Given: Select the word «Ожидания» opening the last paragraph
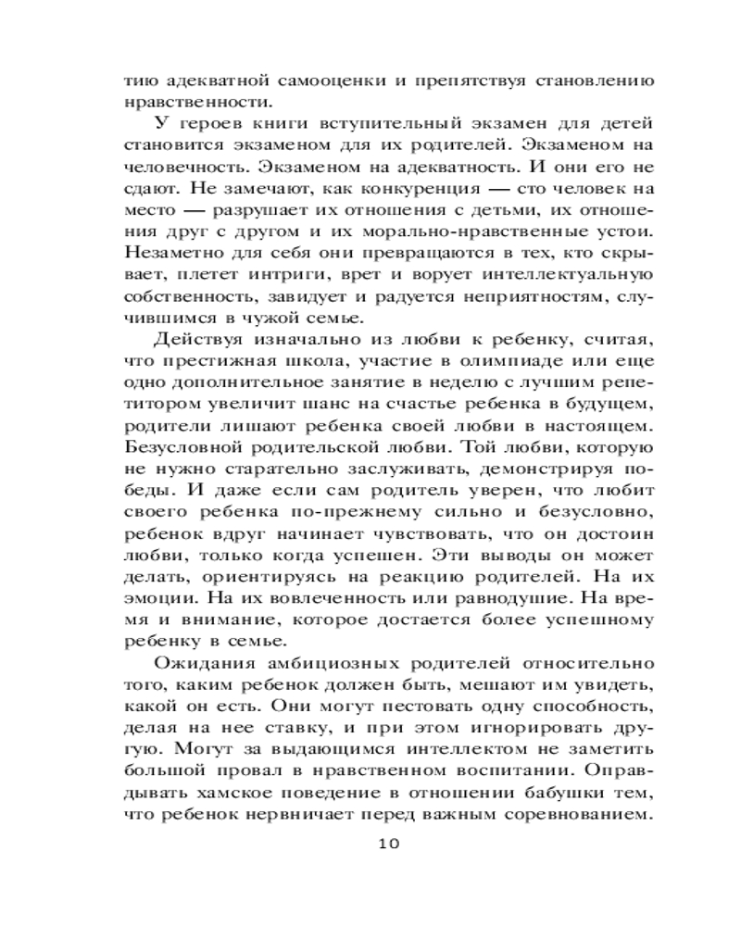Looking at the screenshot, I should [196, 664].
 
